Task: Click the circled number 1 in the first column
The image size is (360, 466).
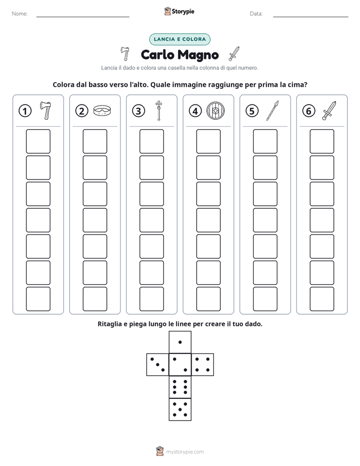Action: coord(25,111)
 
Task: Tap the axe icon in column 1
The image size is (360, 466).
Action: coord(46,110)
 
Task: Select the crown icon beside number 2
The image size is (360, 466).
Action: coord(102,110)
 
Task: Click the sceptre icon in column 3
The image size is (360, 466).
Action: coord(159,110)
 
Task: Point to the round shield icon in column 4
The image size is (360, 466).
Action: coord(216,111)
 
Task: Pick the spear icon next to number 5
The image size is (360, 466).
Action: coord(272,110)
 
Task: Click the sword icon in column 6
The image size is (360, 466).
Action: coord(329,110)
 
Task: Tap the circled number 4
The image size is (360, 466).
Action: coord(195,111)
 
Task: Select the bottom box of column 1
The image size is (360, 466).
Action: coord(38,299)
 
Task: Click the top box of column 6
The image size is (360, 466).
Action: coord(322,141)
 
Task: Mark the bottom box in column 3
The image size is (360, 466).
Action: coord(151,299)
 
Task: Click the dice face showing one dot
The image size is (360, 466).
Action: coord(180,342)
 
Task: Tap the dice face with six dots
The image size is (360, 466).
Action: coord(180,387)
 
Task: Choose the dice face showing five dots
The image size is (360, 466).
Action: coord(180,410)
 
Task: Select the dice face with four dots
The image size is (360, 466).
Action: coord(203,365)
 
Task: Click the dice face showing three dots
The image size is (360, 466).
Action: coord(158,365)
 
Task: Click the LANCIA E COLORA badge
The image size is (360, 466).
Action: coord(179,39)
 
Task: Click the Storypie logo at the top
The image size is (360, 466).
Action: coord(179,11)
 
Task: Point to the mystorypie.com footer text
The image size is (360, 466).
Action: coord(185,452)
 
